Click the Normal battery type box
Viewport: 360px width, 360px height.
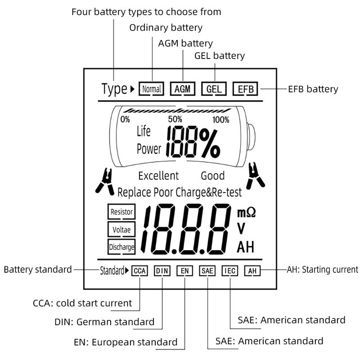151,89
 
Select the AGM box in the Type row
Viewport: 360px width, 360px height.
183,89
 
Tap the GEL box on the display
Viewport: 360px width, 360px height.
213,89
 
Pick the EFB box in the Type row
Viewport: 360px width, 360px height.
245,89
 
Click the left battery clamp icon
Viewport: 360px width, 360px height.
105,181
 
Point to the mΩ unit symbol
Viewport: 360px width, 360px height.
246,211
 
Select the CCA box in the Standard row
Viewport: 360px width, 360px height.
139,271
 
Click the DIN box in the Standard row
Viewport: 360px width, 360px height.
162,271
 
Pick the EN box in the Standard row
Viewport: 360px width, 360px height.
184,271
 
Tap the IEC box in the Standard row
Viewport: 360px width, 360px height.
229,271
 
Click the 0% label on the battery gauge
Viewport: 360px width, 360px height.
125,120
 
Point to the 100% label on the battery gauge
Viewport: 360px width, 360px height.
220,120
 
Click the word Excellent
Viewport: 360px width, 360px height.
158,175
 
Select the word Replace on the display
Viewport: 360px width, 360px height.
134,193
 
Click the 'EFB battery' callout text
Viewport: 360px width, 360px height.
313,89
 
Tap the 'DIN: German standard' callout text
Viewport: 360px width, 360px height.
104,322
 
